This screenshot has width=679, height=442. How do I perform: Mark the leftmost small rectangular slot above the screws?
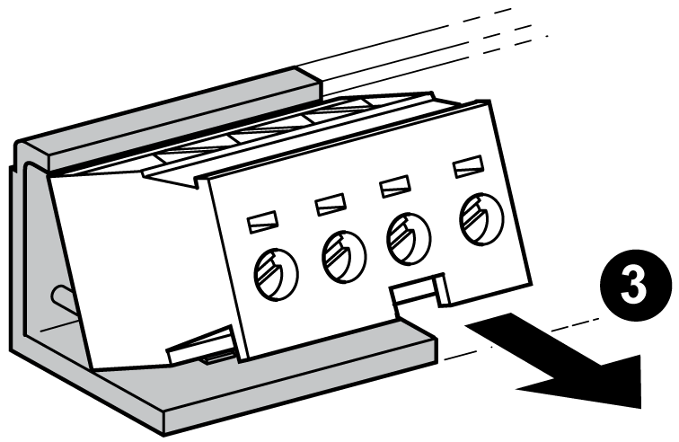coord(262,218)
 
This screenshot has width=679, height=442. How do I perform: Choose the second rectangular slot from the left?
coord(330,204)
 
